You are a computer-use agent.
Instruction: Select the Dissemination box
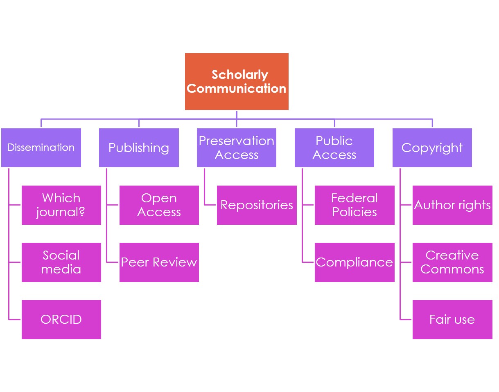tap(41, 148)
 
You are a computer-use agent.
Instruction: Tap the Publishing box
tap(139, 148)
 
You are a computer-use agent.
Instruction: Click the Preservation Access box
tap(236, 148)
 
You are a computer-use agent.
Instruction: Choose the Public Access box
tap(334, 148)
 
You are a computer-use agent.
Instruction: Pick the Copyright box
tap(432, 148)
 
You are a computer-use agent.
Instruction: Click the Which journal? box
tap(61, 205)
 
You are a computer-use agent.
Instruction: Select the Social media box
tap(61, 262)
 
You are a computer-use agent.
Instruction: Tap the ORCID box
tap(61, 319)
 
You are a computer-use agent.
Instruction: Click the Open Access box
tap(159, 205)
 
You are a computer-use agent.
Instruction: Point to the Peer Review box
tap(159, 262)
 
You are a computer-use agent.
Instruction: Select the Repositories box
tap(257, 205)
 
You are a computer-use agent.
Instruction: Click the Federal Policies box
tap(354, 205)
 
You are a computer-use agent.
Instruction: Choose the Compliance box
tap(354, 262)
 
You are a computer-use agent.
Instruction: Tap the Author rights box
tap(452, 205)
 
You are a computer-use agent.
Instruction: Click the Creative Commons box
tap(452, 262)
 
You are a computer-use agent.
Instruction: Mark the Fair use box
tap(452, 319)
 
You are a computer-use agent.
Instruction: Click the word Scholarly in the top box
tap(239, 75)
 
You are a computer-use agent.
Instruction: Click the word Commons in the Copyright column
tap(452, 269)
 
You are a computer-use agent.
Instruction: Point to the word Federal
tap(354, 198)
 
